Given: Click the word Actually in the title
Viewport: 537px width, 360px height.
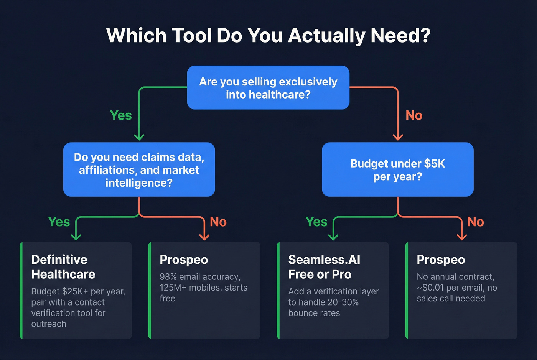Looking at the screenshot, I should tap(326, 36).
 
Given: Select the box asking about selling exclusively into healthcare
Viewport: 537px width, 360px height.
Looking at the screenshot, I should tap(268, 88).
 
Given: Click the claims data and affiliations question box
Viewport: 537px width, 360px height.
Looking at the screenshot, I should tap(139, 169).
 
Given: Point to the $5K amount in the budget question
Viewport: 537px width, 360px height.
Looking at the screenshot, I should tap(434, 164).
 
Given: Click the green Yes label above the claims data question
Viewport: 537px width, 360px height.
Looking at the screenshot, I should tap(121, 115).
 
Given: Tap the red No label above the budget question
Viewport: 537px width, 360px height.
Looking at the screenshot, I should tap(414, 115).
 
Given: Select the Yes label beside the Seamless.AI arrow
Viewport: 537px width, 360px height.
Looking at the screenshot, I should tap(316, 222).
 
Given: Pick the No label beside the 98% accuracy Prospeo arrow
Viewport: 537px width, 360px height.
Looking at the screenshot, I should tap(218, 222).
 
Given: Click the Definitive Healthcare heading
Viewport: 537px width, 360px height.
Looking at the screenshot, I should tap(63, 267).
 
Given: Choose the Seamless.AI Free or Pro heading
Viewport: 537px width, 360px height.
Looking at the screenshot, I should tap(324, 267).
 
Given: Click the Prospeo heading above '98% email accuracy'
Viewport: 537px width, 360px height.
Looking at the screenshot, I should tap(184, 260).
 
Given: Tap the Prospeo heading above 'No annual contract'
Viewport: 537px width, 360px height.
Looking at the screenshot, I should tap(441, 260).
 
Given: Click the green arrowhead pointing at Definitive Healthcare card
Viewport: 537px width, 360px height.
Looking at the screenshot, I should tap(76, 237).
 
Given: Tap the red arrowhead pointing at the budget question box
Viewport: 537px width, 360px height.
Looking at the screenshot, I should tap(398, 137).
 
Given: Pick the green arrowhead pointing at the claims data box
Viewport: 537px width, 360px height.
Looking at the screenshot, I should tap(139, 137).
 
